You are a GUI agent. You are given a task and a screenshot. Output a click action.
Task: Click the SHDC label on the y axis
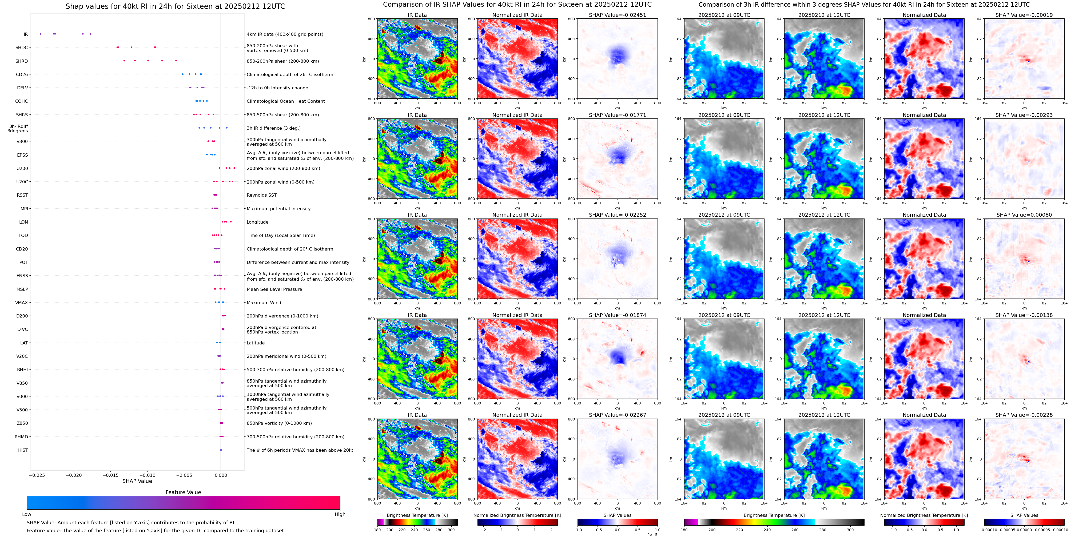(22, 48)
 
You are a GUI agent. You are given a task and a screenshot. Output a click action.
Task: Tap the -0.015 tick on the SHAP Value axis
(111, 475)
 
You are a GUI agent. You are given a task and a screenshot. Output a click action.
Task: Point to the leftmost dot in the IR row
(40, 34)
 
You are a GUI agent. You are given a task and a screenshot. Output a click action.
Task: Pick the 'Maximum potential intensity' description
(278, 209)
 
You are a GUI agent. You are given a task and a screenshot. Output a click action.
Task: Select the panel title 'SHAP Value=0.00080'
(1024, 215)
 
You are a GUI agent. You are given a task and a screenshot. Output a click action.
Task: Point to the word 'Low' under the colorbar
(27, 514)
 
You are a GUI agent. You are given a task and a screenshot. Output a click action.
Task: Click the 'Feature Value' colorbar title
(183, 492)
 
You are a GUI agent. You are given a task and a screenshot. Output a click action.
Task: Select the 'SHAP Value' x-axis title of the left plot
(137, 481)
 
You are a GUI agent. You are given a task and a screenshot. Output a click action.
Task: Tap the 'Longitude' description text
(257, 222)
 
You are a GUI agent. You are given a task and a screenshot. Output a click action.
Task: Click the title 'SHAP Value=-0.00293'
(1024, 115)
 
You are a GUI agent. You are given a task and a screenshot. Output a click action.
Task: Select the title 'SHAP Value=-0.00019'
(1024, 15)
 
